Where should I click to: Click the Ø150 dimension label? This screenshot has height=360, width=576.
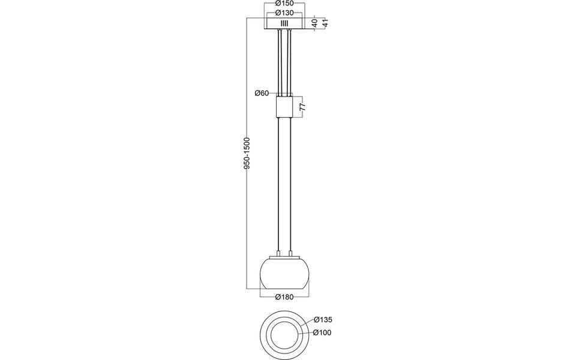click(284, 4)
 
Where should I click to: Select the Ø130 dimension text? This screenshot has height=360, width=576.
click(284, 12)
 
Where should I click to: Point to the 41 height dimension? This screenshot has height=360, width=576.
click(324, 23)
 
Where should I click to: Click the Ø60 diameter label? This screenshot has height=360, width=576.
click(261, 93)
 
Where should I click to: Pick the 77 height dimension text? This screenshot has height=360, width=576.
click(303, 107)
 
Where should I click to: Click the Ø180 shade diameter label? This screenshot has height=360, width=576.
click(284, 296)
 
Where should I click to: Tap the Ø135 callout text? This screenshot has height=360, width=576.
click(322, 320)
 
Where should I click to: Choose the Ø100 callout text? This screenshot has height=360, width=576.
click(322, 333)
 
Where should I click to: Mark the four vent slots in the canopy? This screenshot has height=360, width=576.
click(284, 23)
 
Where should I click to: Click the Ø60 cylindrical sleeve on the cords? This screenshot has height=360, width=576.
click(284, 108)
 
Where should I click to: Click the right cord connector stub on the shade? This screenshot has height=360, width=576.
click(290, 254)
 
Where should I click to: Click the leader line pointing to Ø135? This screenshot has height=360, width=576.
click(305, 324)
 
